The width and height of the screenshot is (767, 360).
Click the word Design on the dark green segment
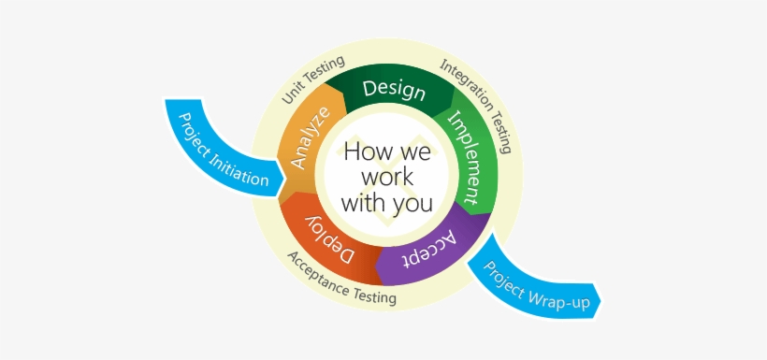394,90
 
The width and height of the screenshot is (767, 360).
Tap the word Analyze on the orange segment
310,138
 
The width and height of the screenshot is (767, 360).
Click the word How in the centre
363,151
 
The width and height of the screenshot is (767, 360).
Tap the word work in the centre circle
386,177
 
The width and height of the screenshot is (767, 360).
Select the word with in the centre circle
360,202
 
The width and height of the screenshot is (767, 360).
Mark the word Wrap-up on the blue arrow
553,295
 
